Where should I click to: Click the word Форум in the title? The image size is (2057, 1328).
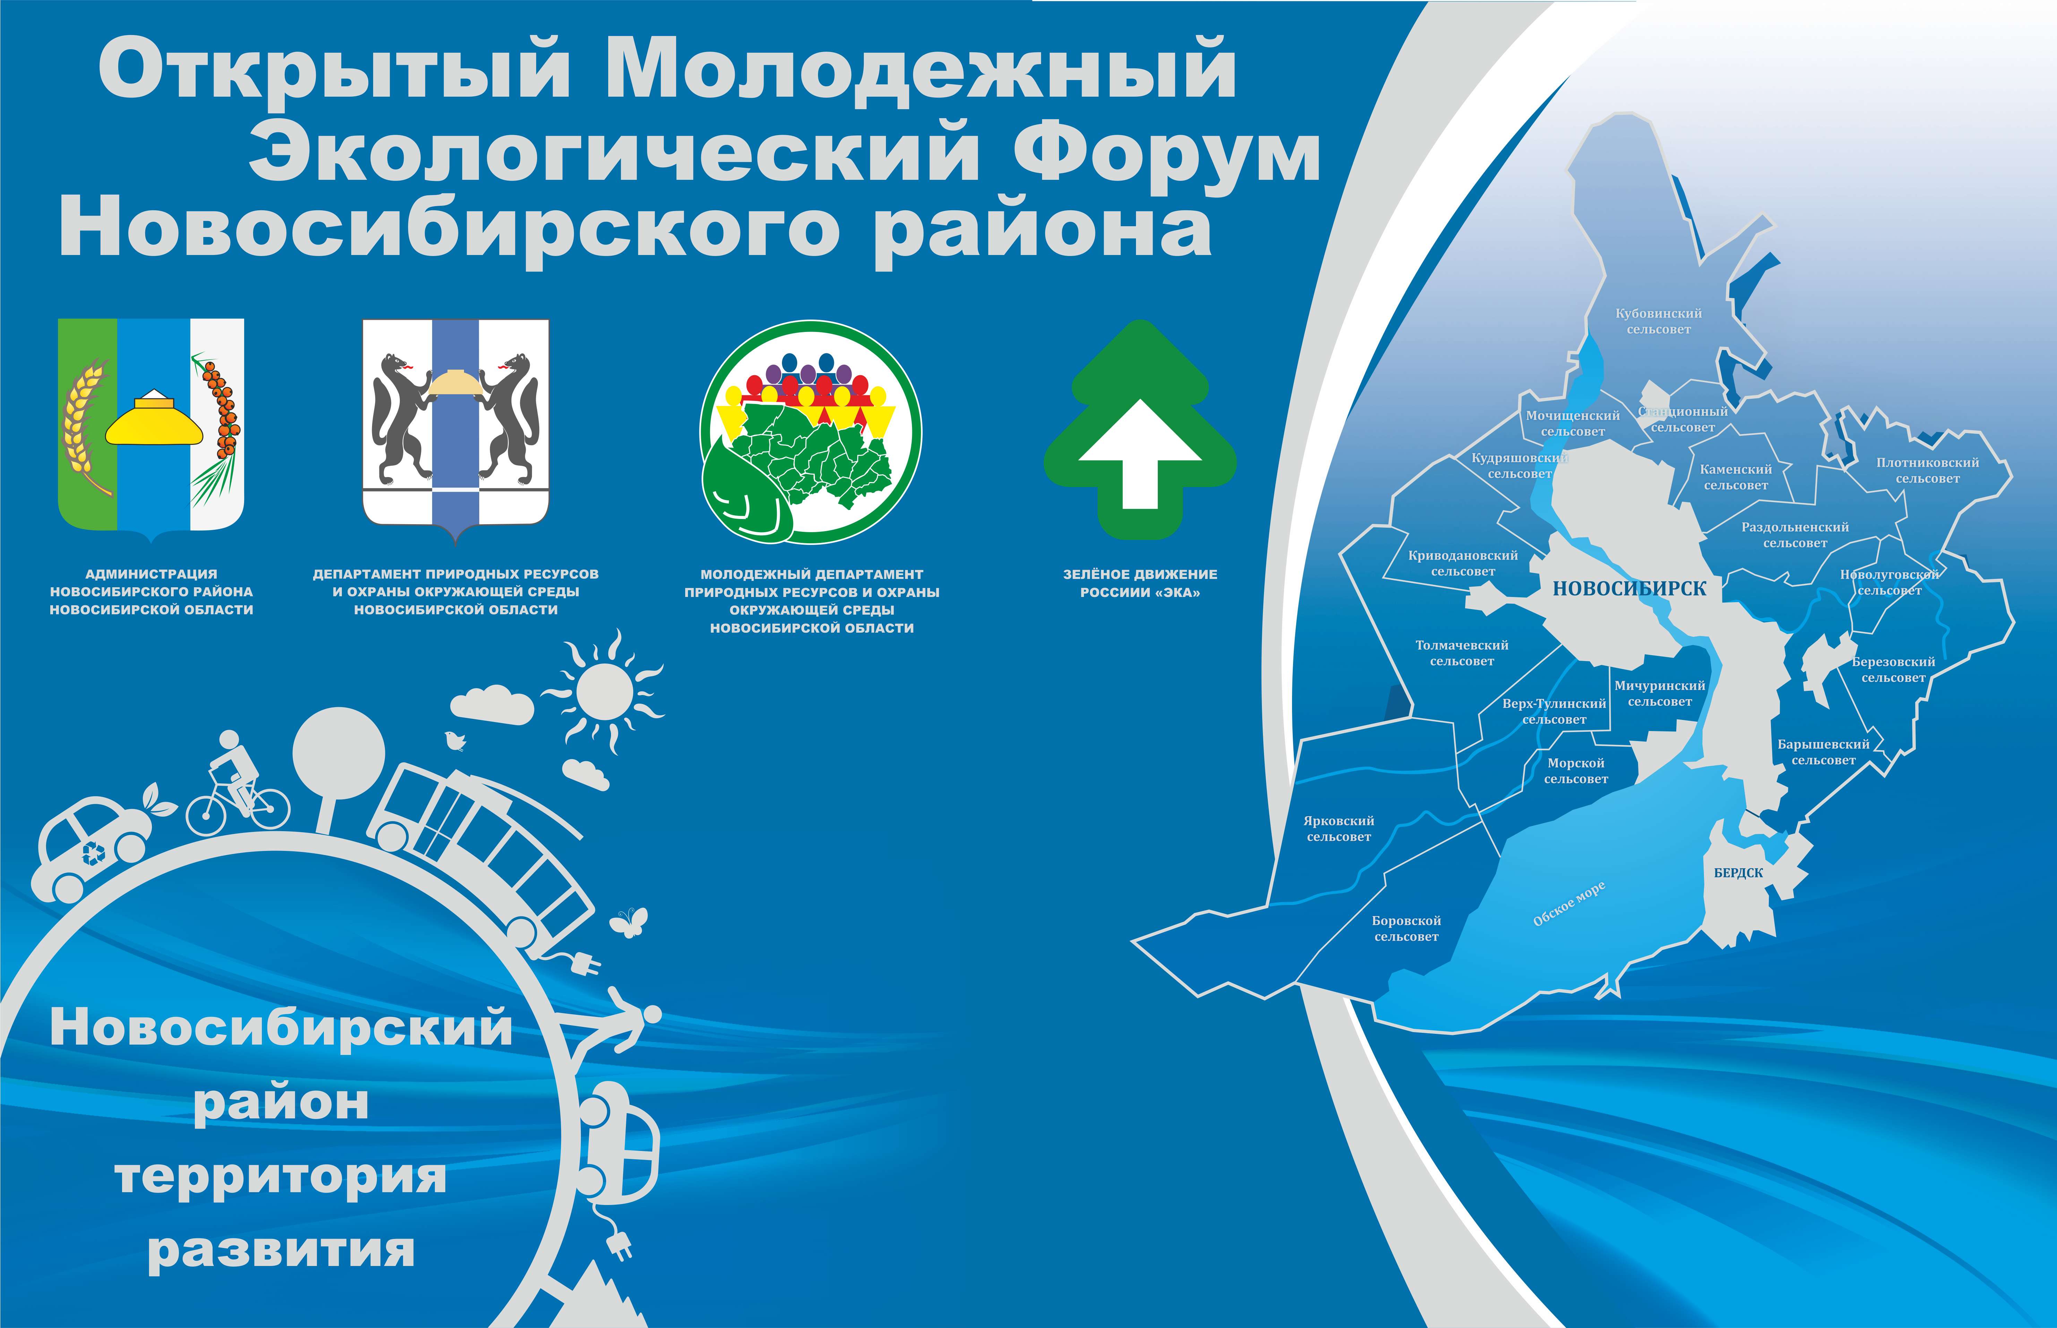pyautogui.click(x=1167, y=155)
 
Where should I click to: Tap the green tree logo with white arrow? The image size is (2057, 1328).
pyautogui.click(x=1140, y=430)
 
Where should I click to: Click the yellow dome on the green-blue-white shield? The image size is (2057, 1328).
pyautogui.click(x=154, y=418)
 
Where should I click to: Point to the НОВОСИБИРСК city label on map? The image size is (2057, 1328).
pyautogui.click(x=1629, y=589)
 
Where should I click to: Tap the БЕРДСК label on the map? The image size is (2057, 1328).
pyautogui.click(x=1739, y=873)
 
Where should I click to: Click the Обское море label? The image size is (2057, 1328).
pyautogui.click(x=1569, y=904)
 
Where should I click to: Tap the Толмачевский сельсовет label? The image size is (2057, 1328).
pyautogui.click(x=1462, y=653)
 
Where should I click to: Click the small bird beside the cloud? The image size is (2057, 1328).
pyautogui.click(x=455, y=740)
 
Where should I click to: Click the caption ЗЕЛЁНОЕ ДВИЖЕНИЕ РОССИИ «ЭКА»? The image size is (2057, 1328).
pyautogui.click(x=1140, y=583)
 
